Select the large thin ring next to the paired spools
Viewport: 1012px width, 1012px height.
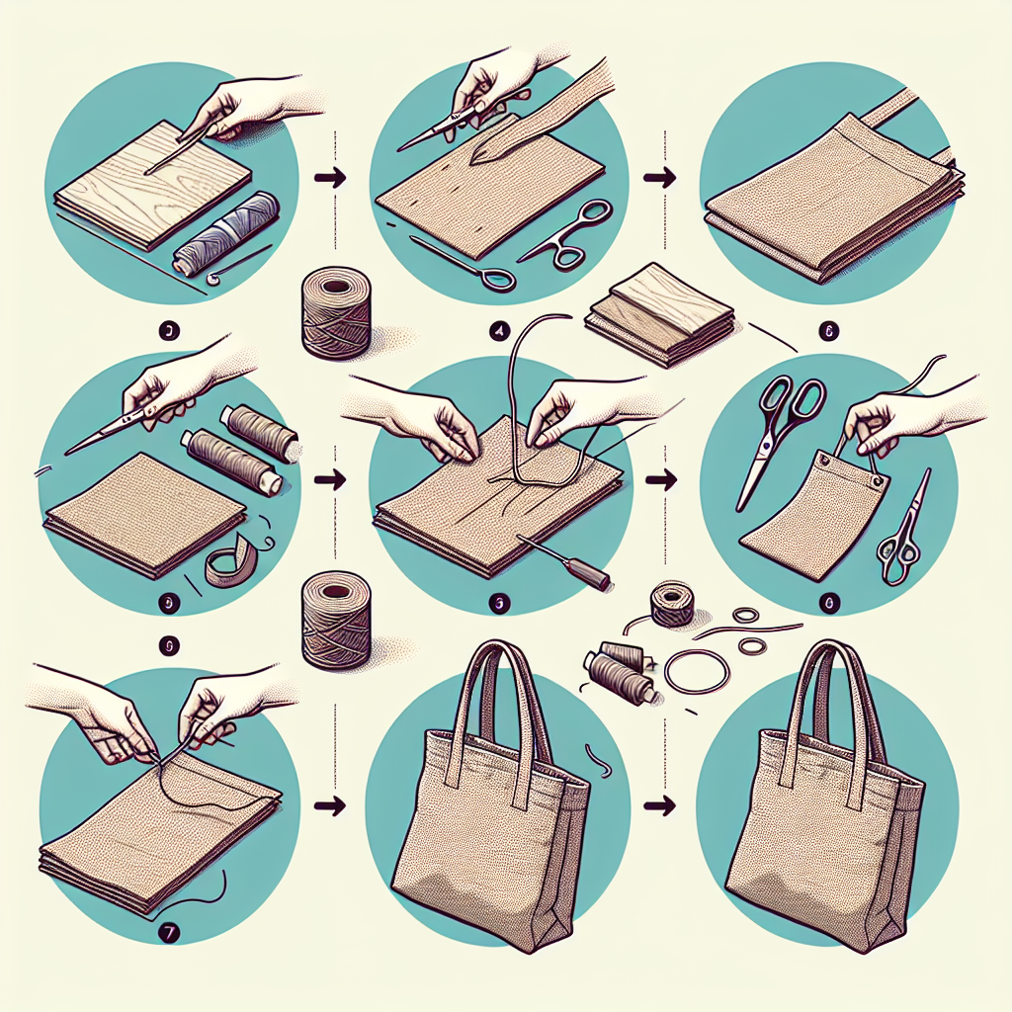696,671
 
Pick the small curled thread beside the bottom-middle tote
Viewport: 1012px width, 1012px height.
597,762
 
